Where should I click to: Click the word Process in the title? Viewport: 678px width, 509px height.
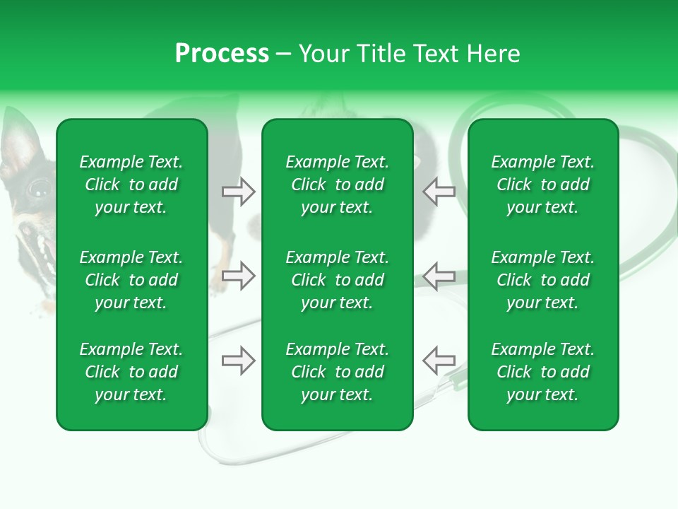(222, 54)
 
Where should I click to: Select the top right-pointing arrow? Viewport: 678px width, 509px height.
(238, 192)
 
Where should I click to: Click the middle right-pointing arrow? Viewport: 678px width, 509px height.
(238, 276)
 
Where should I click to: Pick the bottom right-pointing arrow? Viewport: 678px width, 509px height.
(238, 361)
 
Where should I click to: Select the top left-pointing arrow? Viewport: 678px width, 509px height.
(439, 192)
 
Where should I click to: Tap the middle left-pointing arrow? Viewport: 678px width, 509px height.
(439, 276)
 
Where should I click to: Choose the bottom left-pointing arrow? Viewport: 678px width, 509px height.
(439, 361)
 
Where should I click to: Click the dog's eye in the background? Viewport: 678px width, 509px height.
(37, 189)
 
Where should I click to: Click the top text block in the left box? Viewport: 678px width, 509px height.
(131, 185)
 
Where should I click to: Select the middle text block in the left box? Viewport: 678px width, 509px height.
(131, 280)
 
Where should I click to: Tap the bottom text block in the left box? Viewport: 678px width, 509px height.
(131, 372)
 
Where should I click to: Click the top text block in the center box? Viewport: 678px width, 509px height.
(338, 185)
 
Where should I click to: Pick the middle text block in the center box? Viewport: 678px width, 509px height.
(338, 280)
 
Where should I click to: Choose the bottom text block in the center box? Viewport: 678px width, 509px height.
(338, 372)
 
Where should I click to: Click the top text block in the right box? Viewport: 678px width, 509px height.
(543, 185)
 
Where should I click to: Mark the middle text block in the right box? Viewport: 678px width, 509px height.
(543, 280)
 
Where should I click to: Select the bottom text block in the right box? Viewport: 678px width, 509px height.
(543, 372)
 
